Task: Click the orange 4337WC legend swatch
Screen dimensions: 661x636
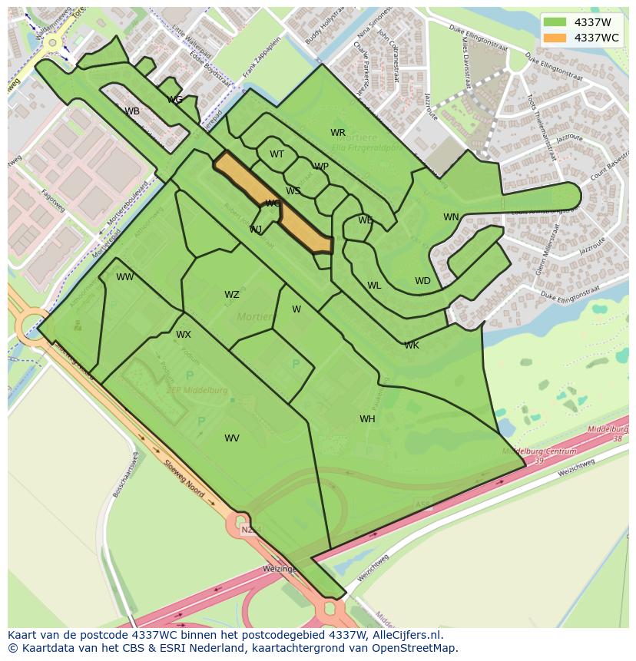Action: click(x=555, y=38)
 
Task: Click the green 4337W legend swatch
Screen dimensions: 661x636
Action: click(x=555, y=22)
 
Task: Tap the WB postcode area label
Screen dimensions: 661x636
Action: click(x=132, y=111)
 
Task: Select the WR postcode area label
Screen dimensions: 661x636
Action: click(x=338, y=133)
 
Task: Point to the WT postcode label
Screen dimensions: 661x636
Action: click(x=277, y=154)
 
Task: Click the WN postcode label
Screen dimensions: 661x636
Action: click(x=451, y=217)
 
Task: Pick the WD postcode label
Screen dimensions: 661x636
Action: click(x=422, y=281)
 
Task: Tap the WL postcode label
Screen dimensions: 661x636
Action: click(x=374, y=286)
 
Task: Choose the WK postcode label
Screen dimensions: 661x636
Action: click(x=412, y=345)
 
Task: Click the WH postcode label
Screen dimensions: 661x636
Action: click(x=367, y=419)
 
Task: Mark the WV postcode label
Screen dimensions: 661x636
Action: click(x=232, y=438)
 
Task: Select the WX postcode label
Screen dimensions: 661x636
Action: click(x=184, y=335)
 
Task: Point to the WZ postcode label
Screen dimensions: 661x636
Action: click(x=232, y=295)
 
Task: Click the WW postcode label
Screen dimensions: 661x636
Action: click(x=125, y=277)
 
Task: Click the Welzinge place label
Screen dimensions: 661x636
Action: click(x=279, y=569)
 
